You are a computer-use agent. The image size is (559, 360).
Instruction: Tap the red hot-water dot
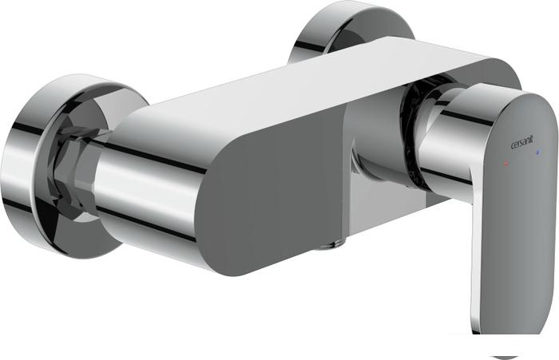(505, 164)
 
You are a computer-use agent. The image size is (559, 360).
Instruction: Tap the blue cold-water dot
(538, 153)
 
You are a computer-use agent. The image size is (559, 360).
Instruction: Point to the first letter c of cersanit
(513, 145)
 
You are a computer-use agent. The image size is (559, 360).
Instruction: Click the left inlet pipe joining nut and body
(143, 189)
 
